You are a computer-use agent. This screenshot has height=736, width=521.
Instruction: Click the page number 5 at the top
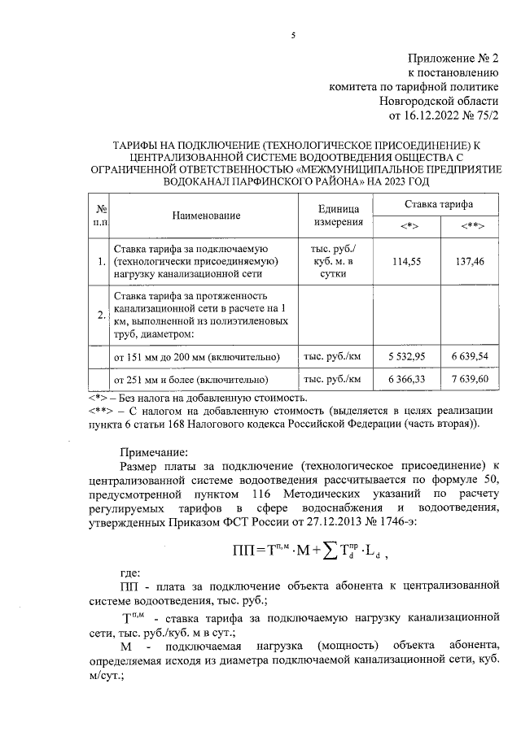point(294,35)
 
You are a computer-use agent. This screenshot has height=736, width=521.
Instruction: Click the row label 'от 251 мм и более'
point(191,380)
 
